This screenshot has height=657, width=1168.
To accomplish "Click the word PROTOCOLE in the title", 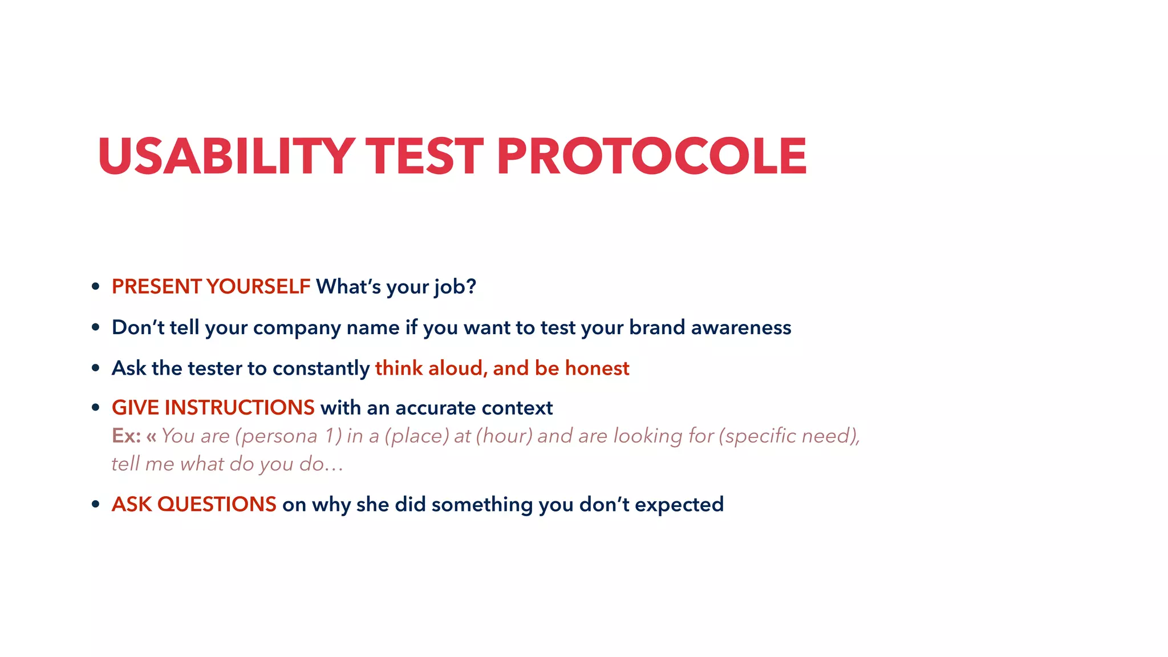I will [651, 156].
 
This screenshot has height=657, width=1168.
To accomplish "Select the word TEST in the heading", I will [424, 156].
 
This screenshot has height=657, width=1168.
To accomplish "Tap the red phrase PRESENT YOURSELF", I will [210, 286].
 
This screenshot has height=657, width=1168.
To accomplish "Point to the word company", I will [297, 328].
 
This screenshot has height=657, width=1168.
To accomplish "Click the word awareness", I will [741, 327].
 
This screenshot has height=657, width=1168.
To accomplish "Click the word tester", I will [208, 368].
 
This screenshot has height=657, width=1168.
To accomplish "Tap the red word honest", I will [597, 368].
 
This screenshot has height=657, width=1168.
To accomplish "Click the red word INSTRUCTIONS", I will [240, 408].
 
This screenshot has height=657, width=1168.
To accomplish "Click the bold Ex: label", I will [126, 436].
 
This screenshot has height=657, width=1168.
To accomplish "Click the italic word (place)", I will [417, 436].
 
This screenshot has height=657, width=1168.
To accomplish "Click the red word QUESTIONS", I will [217, 505].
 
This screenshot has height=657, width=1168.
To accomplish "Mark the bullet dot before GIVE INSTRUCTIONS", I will [96, 408].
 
